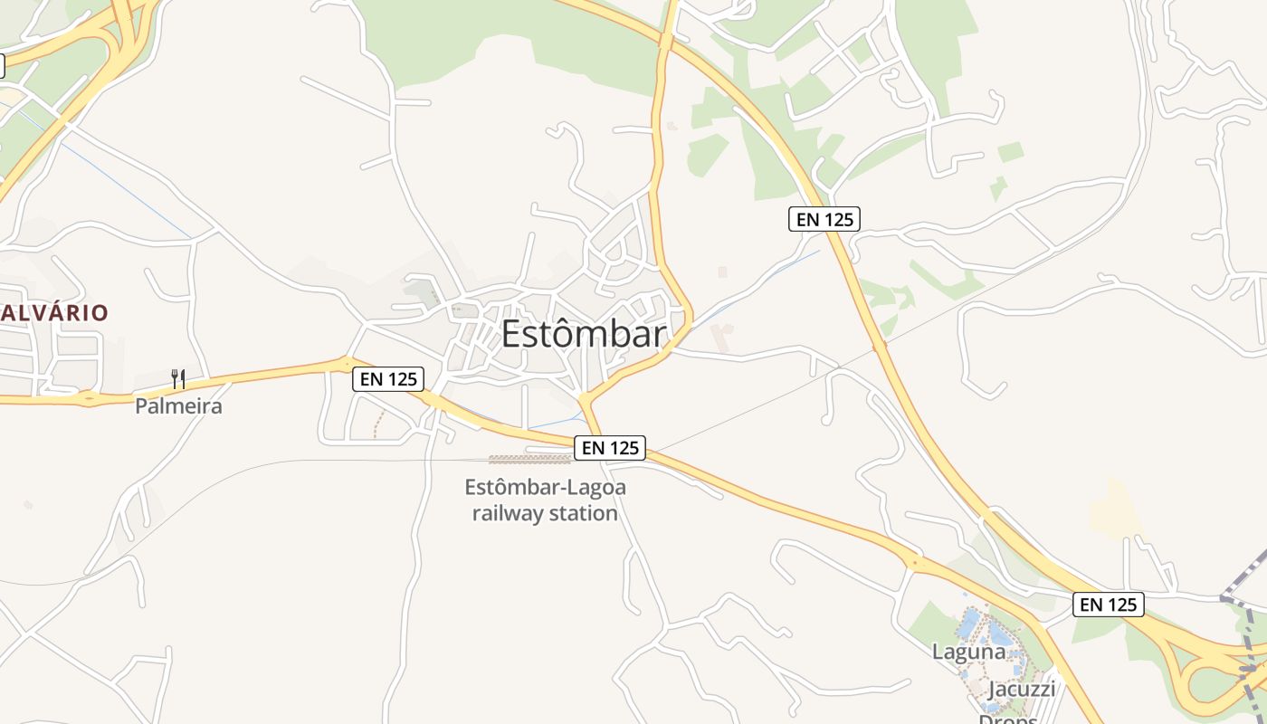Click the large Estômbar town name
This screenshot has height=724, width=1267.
click(583, 334)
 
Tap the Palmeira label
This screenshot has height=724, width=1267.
click(178, 406)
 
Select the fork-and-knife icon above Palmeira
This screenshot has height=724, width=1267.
click(178, 379)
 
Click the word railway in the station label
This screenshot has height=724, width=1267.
click(508, 514)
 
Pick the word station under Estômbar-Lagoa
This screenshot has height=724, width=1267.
click(583, 514)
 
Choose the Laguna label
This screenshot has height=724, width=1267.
click(968, 652)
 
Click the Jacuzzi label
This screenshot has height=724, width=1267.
click(1022, 689)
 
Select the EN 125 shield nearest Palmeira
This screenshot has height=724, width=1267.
click(388, 379)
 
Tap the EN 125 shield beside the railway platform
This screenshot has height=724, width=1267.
click(611, 448)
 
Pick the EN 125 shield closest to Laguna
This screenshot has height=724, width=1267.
click(1109, 605)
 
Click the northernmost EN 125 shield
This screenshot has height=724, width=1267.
click(824, 219)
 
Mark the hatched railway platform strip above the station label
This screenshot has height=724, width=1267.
click(529, 459)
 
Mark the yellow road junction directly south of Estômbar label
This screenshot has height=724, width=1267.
click(586, 398)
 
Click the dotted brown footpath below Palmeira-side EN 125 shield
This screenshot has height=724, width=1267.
click(379, 424)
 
